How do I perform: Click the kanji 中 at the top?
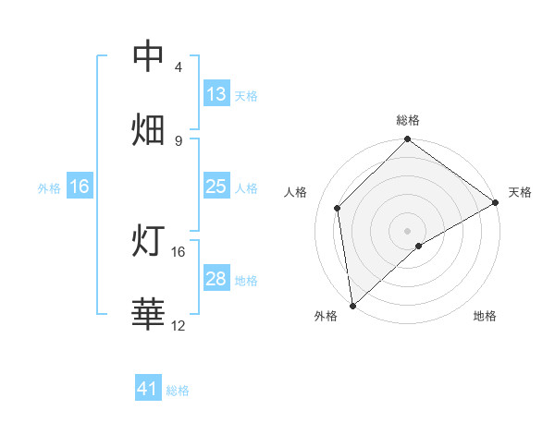coord(149,56)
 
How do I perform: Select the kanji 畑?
coord(149,129)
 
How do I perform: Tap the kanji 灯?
coord(149,241)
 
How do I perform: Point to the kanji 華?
coord(149,314)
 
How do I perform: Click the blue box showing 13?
coord(216,94)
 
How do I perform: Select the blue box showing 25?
coord(216,187)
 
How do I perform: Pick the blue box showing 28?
coord(216,279)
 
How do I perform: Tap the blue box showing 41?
coord(149,390)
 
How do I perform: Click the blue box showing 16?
coord(80,187)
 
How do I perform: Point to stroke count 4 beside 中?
coord(179,67)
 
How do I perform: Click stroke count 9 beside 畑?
coord(179,140)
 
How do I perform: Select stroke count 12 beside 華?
coord(179,325)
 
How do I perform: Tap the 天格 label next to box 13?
coord(246,95)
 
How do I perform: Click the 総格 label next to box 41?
coord(178,391)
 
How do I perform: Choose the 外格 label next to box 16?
coord(49,187)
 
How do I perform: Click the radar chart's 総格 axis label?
coord(408,120)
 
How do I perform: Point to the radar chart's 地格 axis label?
coord(485,317)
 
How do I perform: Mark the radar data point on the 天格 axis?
coord(496,202)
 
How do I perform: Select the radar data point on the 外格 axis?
coord(352,306)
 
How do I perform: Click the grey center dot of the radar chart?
coord(407,230)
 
